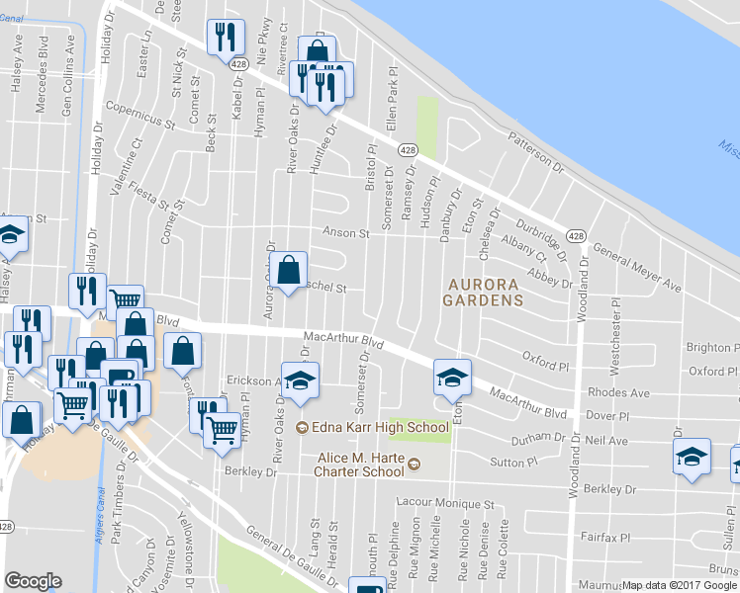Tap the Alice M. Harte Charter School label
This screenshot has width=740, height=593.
tap(368, 465)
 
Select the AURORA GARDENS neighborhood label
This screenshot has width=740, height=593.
tap(484, 291)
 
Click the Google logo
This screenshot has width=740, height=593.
tap(34, 581)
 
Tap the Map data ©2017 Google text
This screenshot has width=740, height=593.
tap(680, 585)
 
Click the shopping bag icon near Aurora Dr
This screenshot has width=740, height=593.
tap(288, 270)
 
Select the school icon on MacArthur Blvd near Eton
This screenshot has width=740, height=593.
tap(452, 378)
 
